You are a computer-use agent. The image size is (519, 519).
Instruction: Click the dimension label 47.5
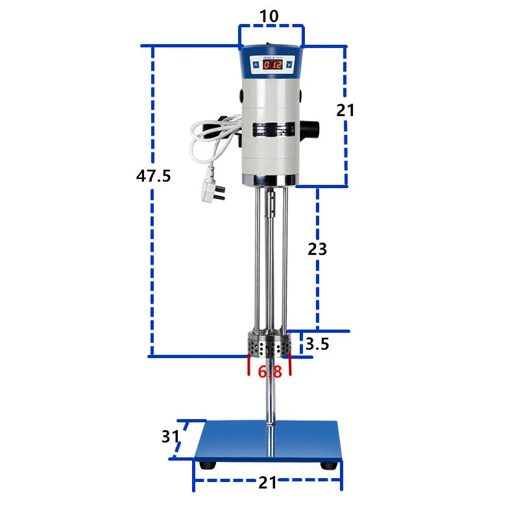pyautogui.click(x=154, y=176)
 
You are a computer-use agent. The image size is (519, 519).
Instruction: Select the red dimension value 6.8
pyautogui.click(x=269, y=372)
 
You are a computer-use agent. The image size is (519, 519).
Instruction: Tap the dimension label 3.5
pyautogui.click(x=318, y=344)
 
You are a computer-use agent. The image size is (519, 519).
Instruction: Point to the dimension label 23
pyautogui.click(x=317, y=248)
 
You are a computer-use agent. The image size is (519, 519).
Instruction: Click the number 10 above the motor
pyautogui.click(x=269, y=16)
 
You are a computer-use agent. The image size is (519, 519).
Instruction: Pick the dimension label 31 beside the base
pyautogui.click(x=170, y=437)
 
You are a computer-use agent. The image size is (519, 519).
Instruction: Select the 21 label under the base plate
pyautogui.click(x=268, y=483)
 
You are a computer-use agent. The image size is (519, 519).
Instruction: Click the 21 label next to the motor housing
pyautogui.click(x=345, y=110)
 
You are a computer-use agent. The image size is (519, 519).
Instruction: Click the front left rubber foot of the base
pyautogui.click(x=208, y=465)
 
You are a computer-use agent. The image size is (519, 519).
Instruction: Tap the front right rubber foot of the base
pyautogui.click(x=330, y=465)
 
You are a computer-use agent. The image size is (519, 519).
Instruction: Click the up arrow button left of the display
pyautogui.click(x=255, y=65)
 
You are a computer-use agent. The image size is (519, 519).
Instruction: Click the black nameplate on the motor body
pyautogui.click(x=271, y=128)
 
